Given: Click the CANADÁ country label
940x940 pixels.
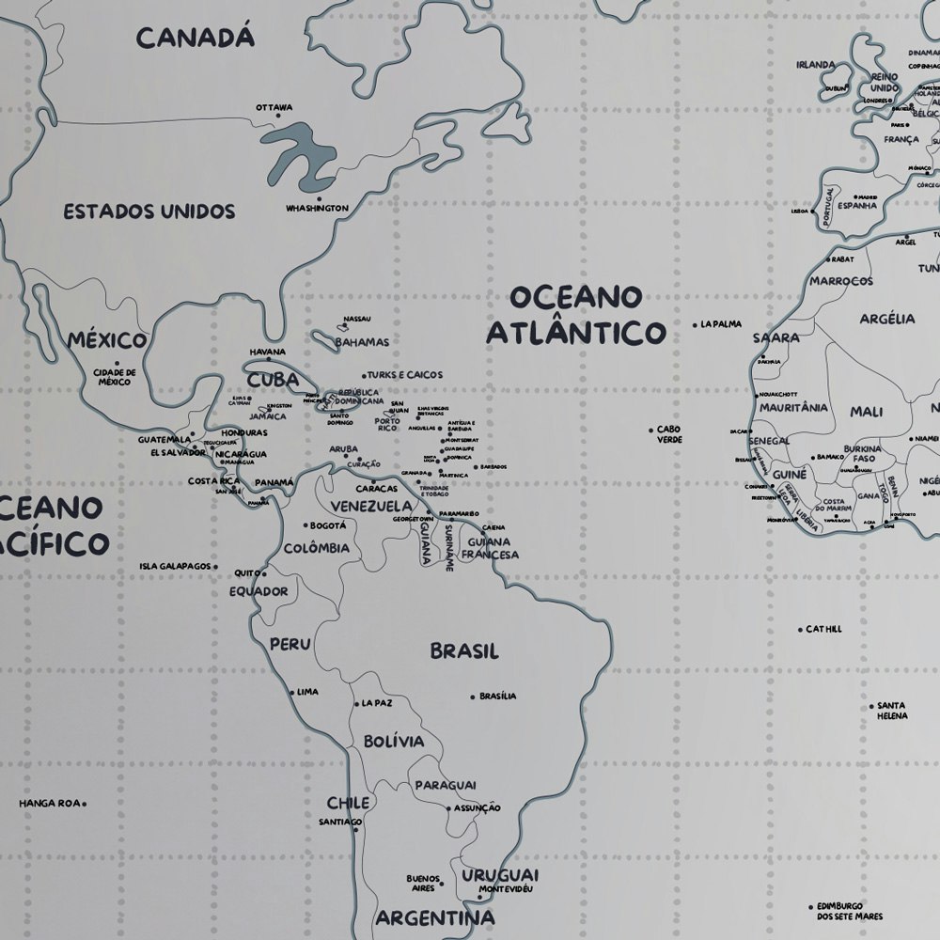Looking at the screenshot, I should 196,38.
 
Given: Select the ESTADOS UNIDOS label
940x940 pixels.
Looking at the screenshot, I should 149,211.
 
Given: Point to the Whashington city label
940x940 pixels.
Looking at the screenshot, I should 318,209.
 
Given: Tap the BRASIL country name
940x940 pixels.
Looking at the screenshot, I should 464,650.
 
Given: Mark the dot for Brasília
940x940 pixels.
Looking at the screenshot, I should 473,697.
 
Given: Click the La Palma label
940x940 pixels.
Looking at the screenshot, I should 721,324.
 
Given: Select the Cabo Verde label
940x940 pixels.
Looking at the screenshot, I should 668,433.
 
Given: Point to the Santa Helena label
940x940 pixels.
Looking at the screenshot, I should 892,711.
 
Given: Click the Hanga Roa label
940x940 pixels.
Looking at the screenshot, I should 49,804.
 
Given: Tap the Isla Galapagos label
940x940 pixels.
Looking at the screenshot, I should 175,567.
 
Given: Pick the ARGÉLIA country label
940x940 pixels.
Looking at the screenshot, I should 886,319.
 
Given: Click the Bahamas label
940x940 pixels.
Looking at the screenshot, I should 362,342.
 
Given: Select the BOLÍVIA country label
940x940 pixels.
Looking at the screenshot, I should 394,741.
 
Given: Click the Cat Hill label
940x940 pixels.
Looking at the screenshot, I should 823,629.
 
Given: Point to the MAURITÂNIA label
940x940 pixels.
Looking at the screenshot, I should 793,408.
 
